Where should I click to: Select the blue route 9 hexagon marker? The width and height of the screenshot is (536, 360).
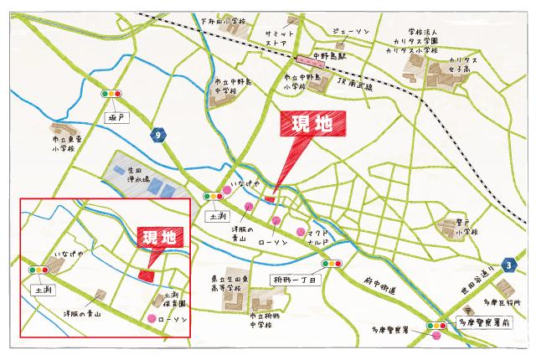tap(157, 136)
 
